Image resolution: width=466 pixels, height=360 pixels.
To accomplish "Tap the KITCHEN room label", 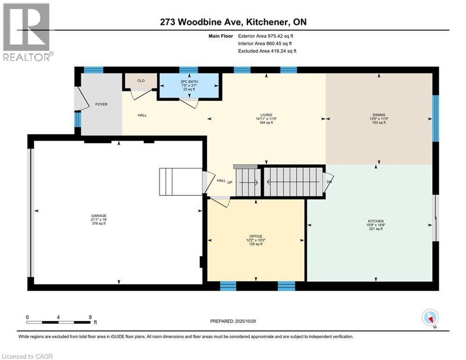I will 376,221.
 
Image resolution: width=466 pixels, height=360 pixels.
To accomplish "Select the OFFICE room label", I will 256,236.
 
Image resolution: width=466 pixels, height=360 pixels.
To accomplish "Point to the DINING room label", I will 378,115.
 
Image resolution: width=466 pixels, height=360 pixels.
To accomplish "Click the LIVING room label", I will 266,115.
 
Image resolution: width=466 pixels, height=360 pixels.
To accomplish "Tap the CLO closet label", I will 141,81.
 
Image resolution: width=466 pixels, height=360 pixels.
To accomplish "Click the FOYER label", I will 101,104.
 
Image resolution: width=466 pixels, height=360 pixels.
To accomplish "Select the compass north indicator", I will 429,318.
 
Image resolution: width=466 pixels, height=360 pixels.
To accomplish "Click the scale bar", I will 59,322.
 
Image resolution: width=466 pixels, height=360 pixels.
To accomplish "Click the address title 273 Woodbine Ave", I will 232,22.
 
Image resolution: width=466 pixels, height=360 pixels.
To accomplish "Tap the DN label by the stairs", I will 329,181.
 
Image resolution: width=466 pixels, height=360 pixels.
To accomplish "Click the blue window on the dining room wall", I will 436,118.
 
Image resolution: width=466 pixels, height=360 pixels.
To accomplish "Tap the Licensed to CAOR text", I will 27,356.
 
